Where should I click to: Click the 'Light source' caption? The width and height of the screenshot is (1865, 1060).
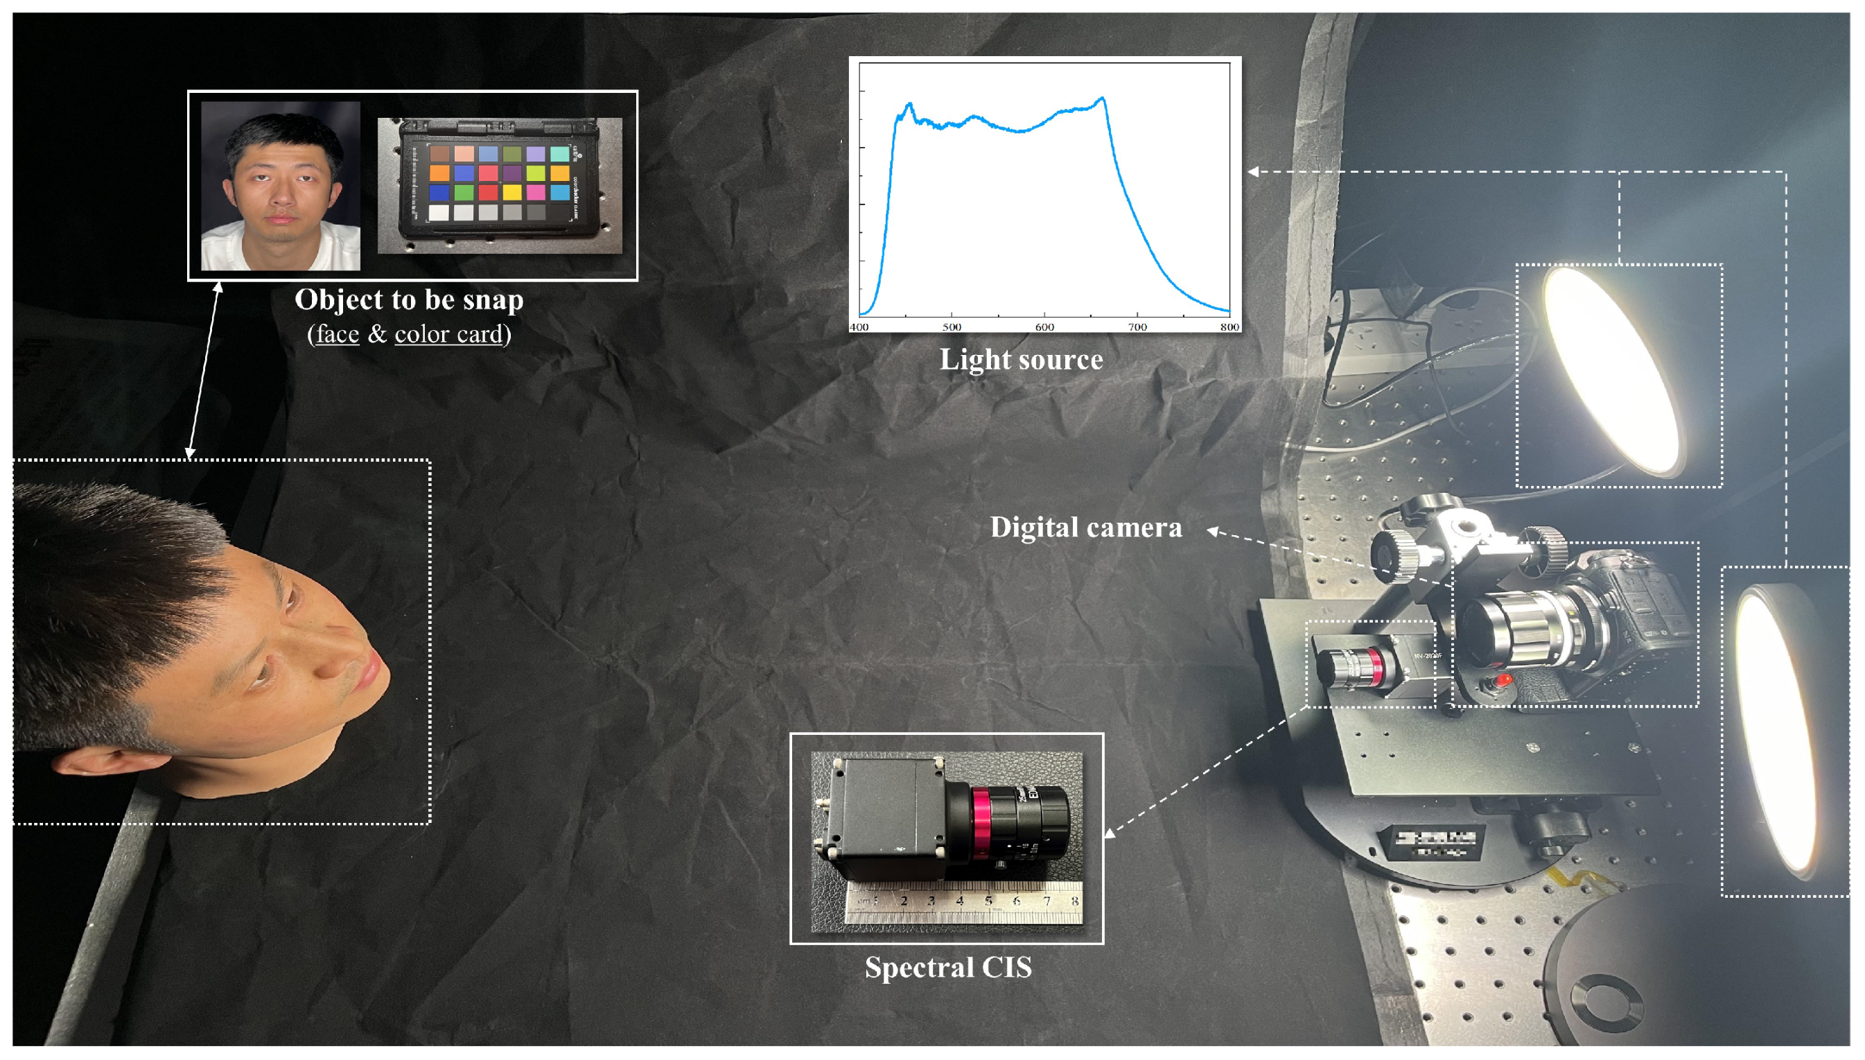[x=1021, y=360]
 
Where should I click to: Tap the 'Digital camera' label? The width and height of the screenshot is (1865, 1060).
[x=1086, y=528]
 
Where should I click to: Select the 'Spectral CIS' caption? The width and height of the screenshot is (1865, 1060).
[x=947, y=968]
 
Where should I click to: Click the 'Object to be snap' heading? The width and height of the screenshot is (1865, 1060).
[x=409, y=300]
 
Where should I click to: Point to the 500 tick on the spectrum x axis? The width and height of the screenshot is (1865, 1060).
[x=952, y=327]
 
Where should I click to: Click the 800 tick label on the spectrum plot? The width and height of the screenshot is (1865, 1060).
[x=1229, y=327]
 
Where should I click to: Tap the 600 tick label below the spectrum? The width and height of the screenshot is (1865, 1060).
[x=1044, y=327]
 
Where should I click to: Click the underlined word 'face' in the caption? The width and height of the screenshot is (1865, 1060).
[x=338, y=334]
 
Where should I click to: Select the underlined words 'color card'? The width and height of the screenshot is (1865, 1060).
[x=449, y=334]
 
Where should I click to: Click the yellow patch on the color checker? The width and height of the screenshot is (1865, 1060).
[x=511, y=192]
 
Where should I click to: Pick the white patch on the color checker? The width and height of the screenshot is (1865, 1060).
[x=439, y=213]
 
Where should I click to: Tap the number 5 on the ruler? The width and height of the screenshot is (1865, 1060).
[x=988, y=901]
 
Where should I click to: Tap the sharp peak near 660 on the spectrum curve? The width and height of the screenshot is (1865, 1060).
[x=1103, y=98]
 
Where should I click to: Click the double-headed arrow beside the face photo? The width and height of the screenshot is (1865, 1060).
[x=204, y=372]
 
